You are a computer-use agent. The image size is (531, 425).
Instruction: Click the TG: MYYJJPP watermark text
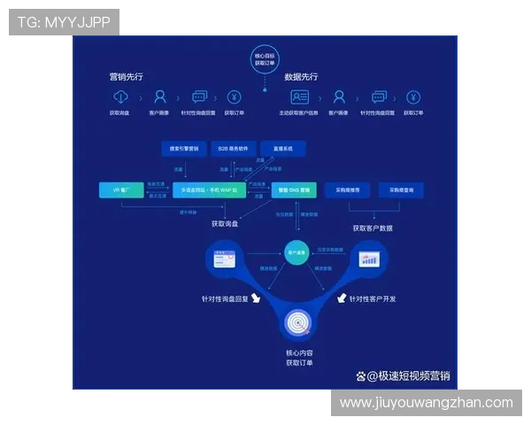63,22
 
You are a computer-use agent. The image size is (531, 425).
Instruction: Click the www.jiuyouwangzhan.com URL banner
426,403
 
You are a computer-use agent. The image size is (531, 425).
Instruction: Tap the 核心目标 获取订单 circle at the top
265,59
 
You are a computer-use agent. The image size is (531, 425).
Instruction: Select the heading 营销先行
127,77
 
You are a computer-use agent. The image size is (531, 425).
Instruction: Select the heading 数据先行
301,77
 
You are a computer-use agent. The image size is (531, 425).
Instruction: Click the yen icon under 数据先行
413,97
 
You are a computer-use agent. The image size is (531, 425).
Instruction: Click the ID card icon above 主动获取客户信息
299,97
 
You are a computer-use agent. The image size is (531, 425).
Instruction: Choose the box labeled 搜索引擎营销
183,148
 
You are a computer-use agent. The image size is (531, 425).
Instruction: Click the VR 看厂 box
120,190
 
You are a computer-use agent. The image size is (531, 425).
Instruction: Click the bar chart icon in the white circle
369,259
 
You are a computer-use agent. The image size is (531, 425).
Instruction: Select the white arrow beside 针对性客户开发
340,298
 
